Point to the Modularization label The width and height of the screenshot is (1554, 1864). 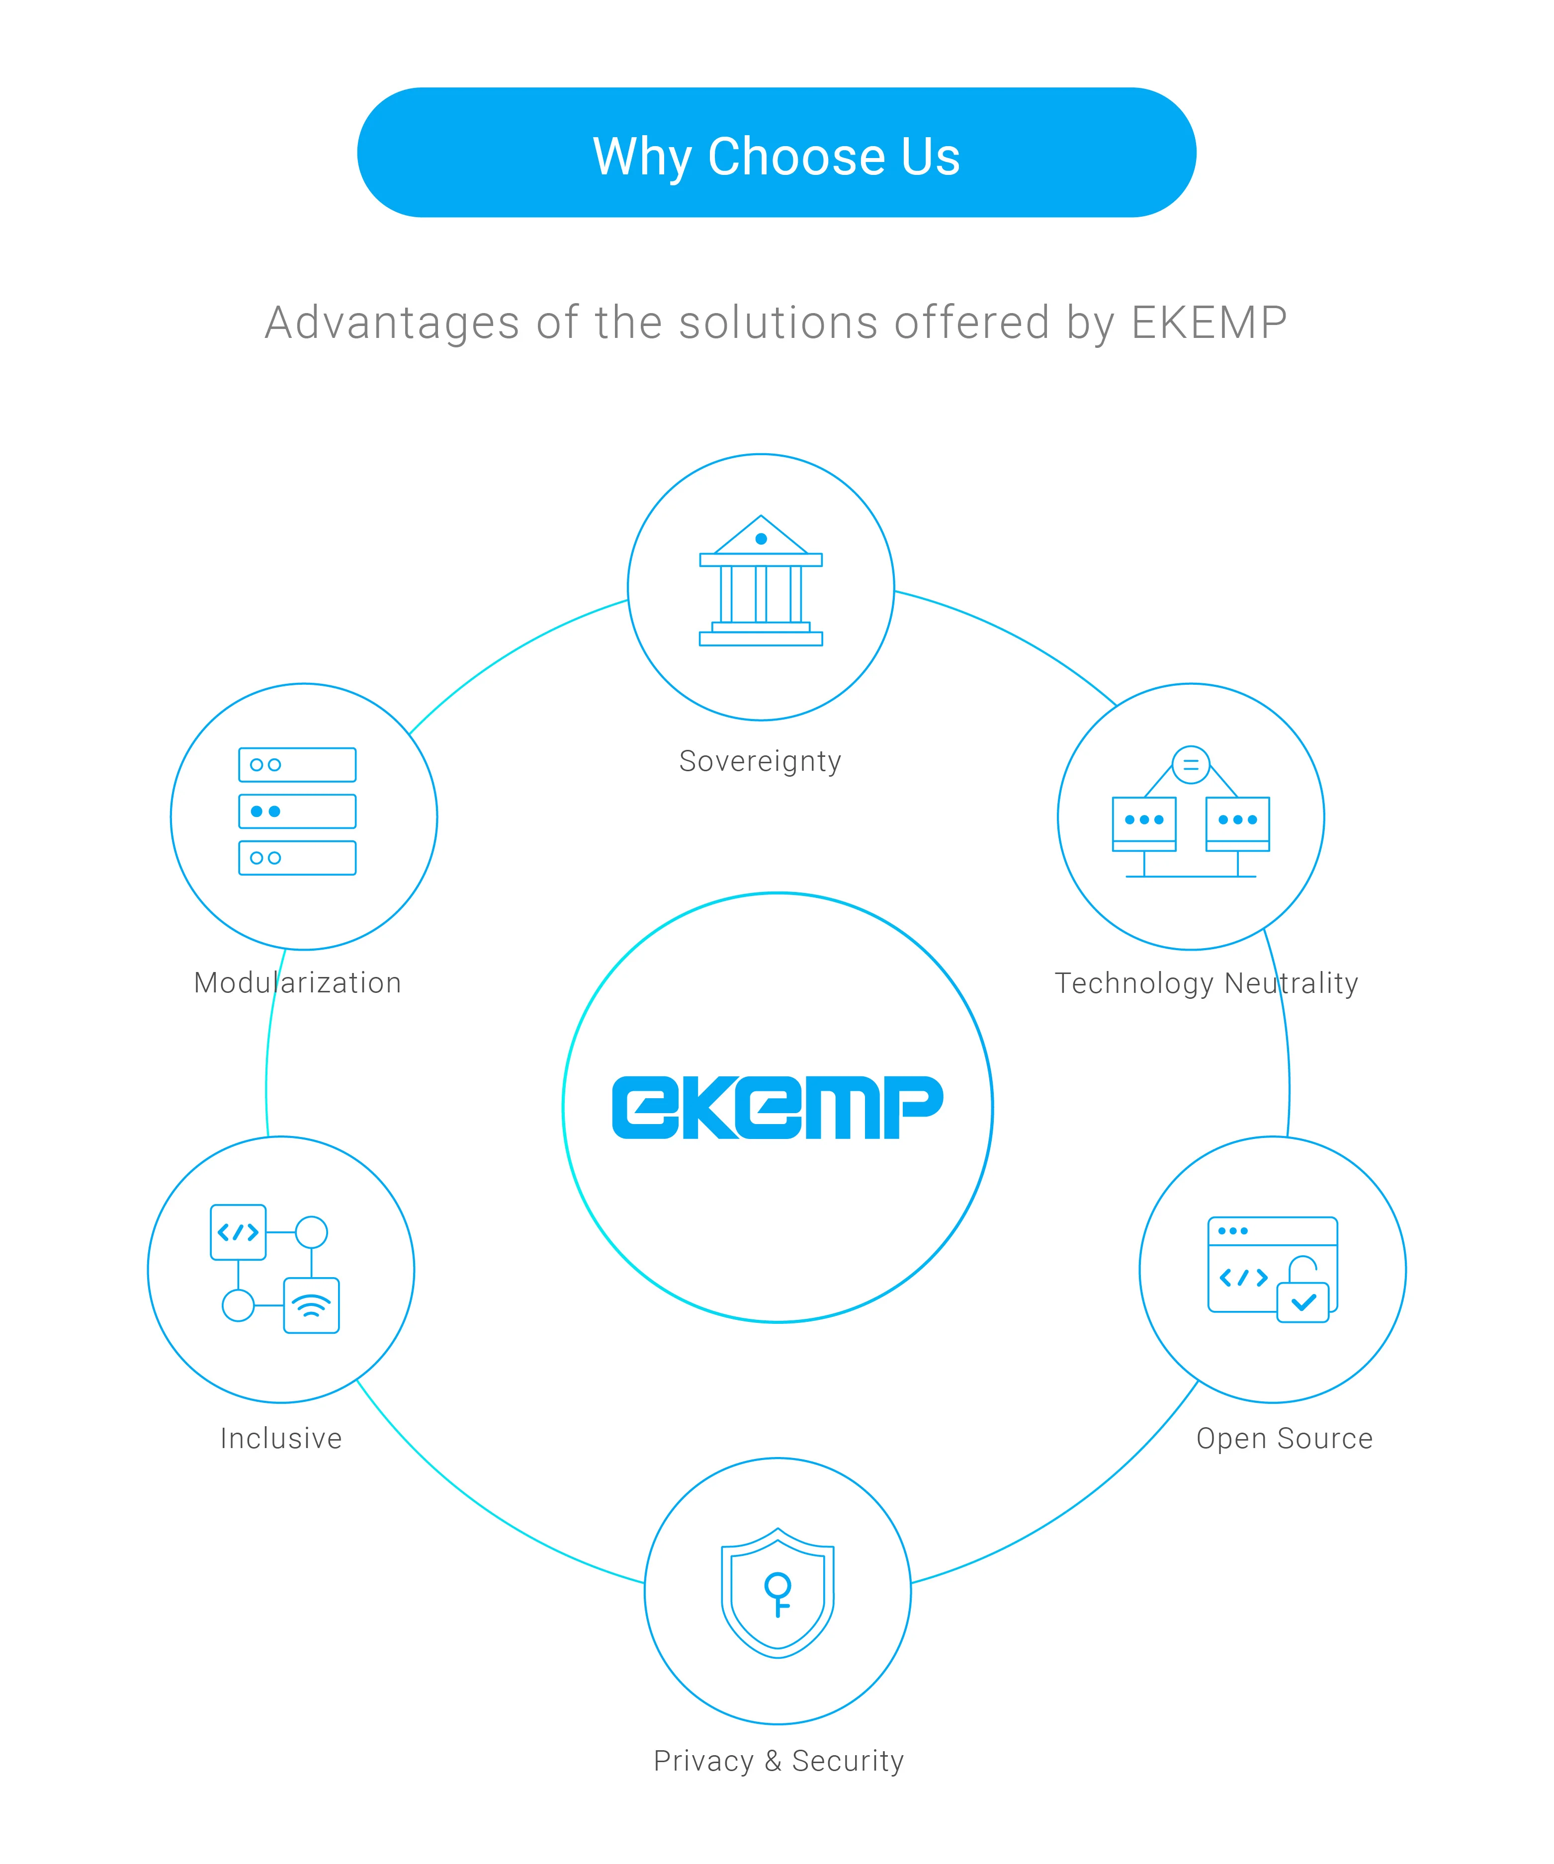coord(297,982)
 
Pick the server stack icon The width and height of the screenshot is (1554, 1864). coord(297,811)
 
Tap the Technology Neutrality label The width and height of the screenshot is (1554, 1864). coord(1206,982)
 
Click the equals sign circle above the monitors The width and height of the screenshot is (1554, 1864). coord(1191,764)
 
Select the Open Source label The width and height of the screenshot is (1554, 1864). coord(1284,1438)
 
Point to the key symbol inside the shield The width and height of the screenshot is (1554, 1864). coord(778,1593)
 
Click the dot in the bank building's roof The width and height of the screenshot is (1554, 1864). coord(761,539)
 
